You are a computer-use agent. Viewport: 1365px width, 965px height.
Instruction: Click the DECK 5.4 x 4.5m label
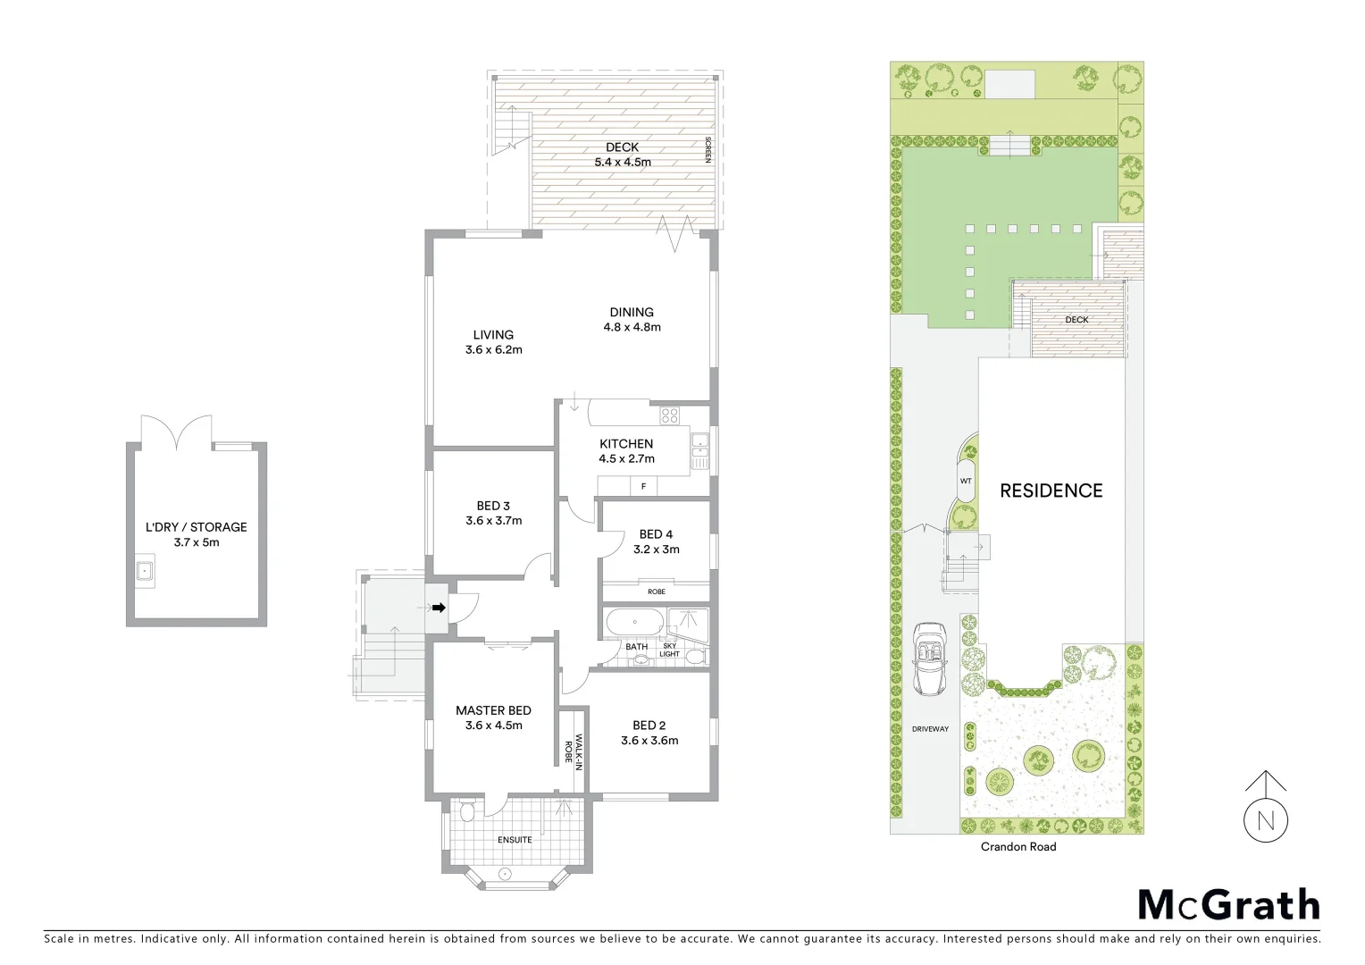(623, 155)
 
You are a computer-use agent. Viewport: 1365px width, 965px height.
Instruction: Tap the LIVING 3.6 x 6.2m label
(493, 342)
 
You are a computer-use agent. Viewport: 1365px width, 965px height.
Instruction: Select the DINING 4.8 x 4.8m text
(632, 319)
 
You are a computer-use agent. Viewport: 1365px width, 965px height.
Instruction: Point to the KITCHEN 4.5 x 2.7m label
(626, 451)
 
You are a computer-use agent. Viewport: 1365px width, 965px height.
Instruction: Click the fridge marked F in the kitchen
(643, 486)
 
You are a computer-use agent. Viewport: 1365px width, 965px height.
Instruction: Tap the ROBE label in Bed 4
(657, 592)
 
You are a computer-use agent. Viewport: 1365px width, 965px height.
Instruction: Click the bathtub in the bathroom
(635, 622)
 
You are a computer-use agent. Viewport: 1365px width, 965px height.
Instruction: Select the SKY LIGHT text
(669, 650)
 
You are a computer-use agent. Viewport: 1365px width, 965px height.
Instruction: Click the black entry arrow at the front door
(439, 608)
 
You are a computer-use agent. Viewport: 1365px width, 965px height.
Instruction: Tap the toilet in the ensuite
(465, 811)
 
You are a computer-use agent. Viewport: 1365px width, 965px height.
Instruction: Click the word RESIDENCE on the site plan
(1051, 491)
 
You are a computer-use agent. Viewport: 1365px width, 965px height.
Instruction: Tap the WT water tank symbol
(966, 481)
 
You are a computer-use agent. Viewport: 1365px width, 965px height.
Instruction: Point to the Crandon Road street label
(1018, 847)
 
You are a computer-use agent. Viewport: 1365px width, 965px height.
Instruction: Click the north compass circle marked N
(1266, 820)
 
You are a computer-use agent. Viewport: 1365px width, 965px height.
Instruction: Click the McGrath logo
(1228, 904)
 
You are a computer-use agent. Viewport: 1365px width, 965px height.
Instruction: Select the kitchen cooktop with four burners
(669, 415)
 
